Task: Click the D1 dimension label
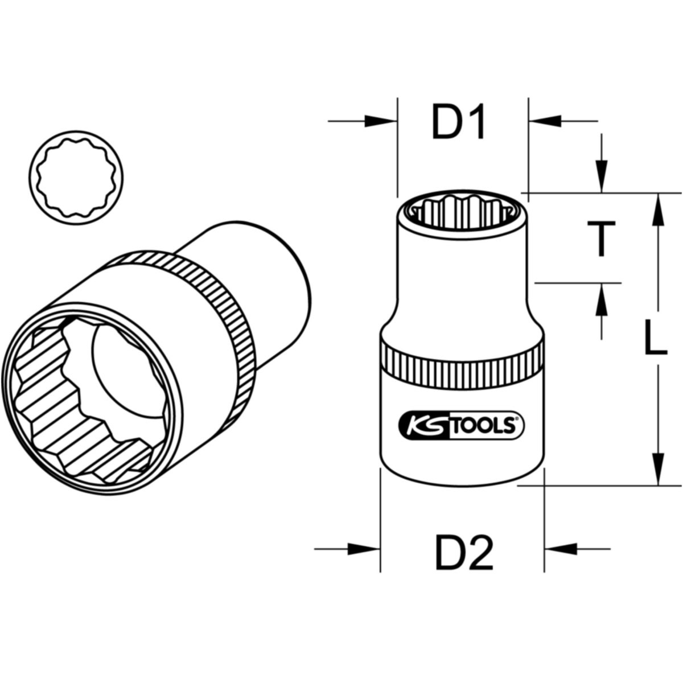(458, 121)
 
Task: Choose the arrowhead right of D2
(561, 549)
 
